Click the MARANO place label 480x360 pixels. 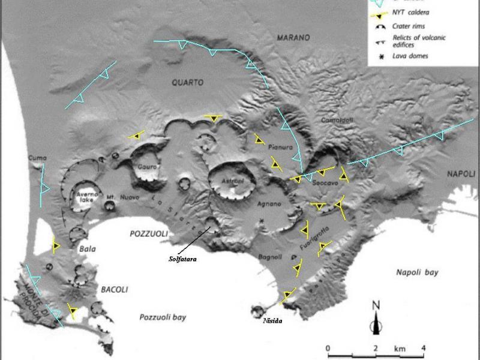(x=293, y=38)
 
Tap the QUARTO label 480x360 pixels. (x=187, y=82)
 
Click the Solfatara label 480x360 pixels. (x=182, y=259)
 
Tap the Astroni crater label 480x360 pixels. (x=231, y=181)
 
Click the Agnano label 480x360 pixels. (x=269, y=204)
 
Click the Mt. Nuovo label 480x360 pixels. (x=119, y=197)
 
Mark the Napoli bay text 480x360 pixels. (x=417, y=272)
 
